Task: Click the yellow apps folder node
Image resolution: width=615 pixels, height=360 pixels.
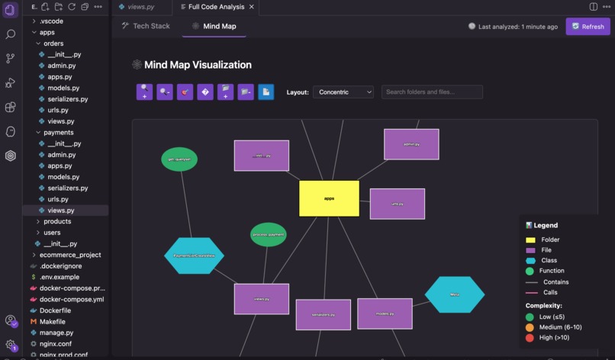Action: click(329, 198)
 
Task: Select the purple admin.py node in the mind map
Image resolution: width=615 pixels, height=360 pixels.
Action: click(411, 144)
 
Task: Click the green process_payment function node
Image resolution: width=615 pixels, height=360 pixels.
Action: click(268, 234)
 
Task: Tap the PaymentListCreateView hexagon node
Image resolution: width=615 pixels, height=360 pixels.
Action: click(194, 256)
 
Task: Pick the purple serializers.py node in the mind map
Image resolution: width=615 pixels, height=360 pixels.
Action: click(323, 314)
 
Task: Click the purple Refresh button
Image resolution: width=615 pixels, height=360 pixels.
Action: click(588, 26)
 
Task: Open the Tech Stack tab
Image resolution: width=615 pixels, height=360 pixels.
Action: click(146, 26)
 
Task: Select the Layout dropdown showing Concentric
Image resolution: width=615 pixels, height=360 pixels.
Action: click(343, 92)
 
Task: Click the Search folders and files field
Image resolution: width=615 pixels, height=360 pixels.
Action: click(432, 92)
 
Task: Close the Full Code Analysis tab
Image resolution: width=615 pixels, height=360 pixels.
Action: click(252, 7)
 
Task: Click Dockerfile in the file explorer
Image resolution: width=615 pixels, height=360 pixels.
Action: click(56, 310)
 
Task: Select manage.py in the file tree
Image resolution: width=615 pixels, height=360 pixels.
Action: click(56, 333)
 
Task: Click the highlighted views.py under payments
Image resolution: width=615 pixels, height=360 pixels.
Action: click(61, 210)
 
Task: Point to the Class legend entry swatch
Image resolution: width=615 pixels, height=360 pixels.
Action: click(530, 260)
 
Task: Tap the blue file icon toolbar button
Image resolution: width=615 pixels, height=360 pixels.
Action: click(266, 92)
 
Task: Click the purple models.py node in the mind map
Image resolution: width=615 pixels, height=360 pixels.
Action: click(385, 313)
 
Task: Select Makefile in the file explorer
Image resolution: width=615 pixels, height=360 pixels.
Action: click(53, 322)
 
